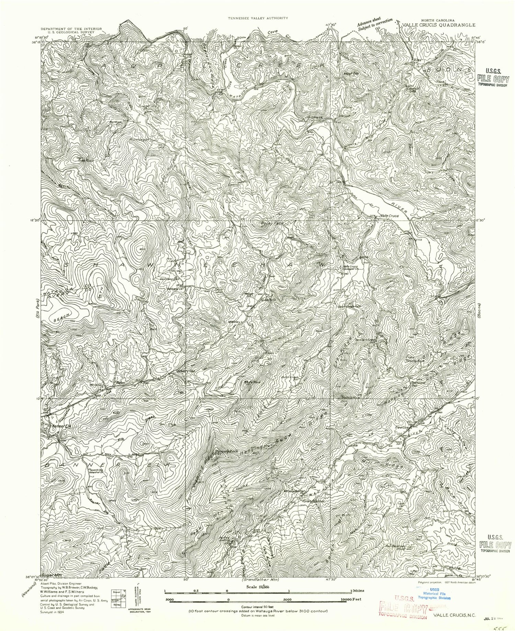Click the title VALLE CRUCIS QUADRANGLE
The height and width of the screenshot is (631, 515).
(439, 25)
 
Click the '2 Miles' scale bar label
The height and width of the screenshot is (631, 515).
(357, 591)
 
